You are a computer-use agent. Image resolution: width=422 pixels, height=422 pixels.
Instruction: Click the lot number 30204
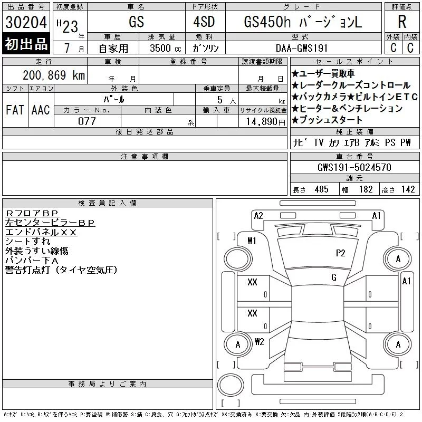coord(26,22)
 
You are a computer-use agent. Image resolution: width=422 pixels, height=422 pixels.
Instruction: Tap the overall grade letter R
coord(402,22)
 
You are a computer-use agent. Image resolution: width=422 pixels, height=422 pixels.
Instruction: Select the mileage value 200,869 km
coord(54,75)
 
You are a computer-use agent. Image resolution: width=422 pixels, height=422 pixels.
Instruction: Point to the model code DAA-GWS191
coord(302,48)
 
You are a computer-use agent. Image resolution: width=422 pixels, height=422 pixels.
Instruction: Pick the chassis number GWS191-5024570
coord(354,167)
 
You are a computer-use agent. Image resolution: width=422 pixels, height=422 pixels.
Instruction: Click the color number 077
coord(87,121)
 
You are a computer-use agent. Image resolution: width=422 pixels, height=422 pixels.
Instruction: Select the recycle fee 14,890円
coord(266,122)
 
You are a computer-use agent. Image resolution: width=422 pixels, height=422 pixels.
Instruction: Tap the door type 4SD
coord(204,22)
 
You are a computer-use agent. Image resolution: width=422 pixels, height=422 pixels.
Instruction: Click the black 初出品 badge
coord(26,44)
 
